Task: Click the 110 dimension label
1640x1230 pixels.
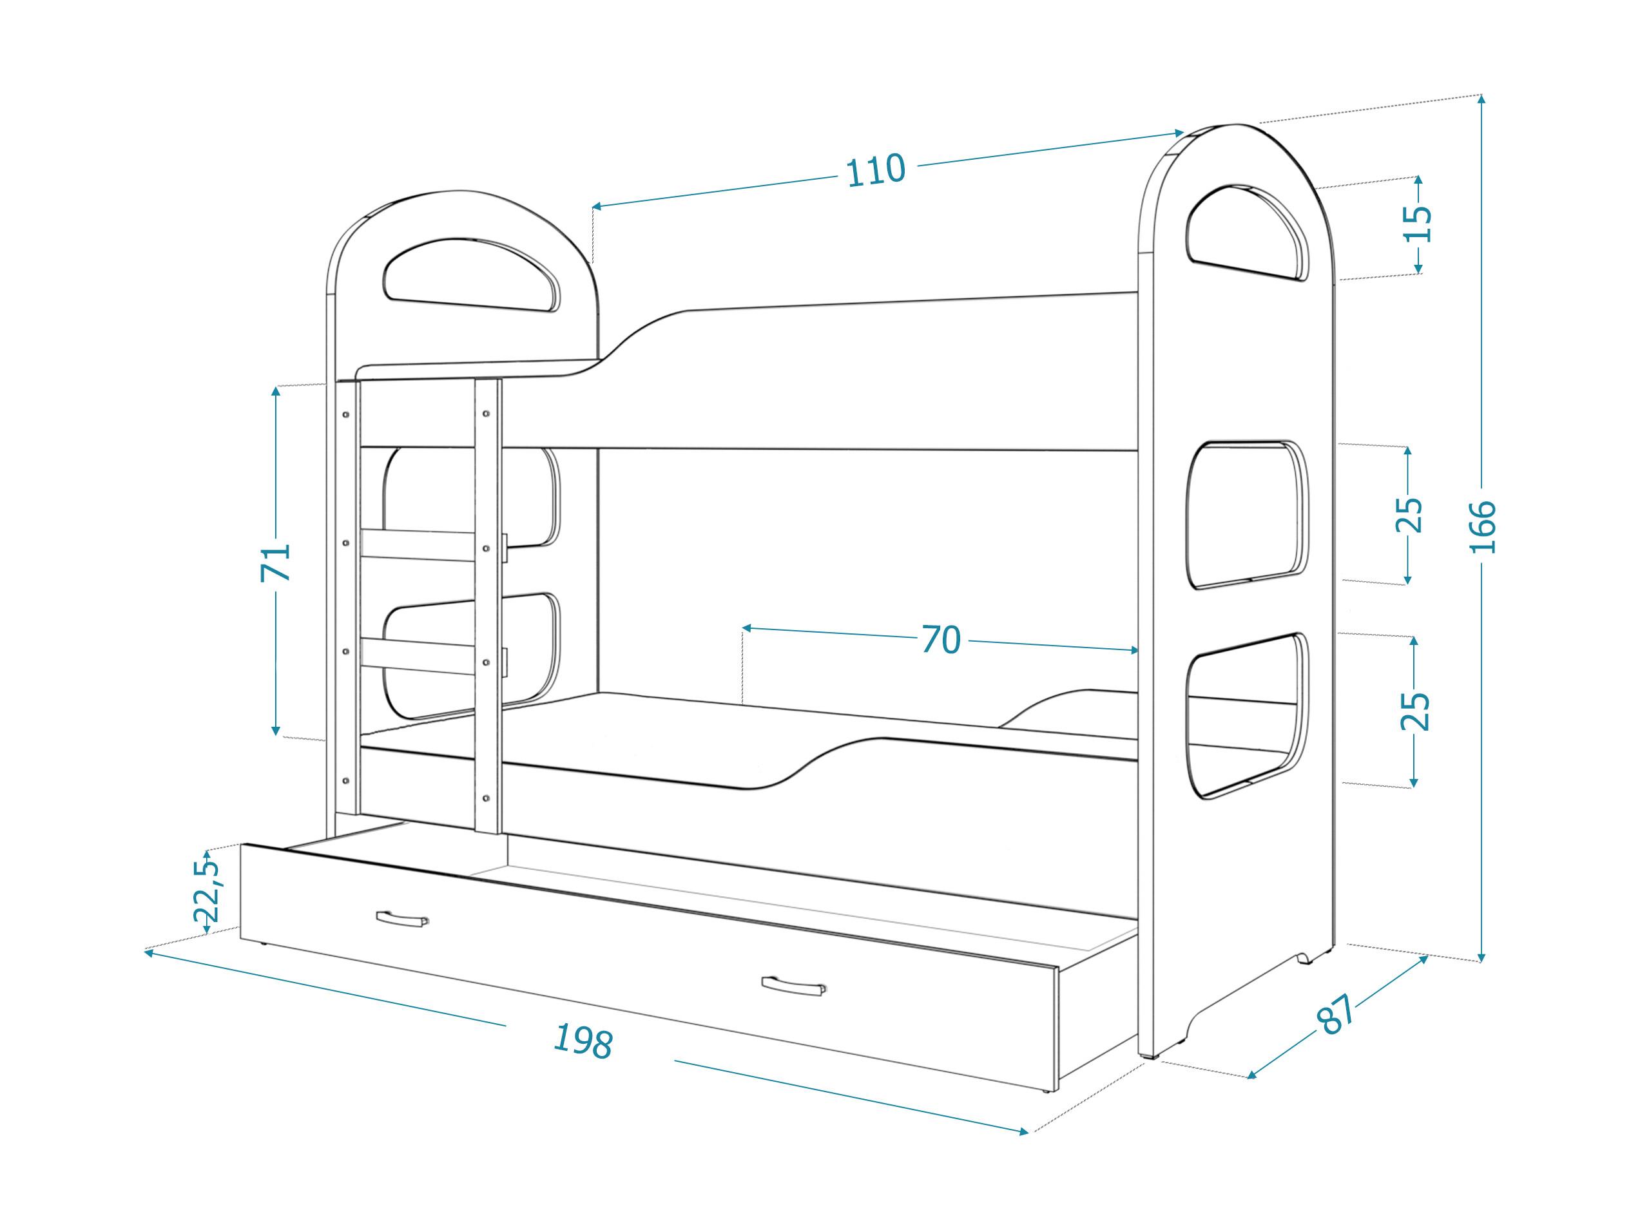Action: point(876,171)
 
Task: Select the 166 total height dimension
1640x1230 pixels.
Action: point(1482,527)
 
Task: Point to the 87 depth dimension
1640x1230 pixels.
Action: point(1335,1015)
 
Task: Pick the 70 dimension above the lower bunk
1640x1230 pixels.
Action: point(941,639)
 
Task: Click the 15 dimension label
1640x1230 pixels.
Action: point(1418,224)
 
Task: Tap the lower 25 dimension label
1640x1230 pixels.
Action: point(1414,711)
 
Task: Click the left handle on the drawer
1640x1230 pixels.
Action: point(402,919)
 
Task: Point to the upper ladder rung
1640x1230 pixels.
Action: point(418,546)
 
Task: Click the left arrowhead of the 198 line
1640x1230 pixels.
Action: point(148,953)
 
